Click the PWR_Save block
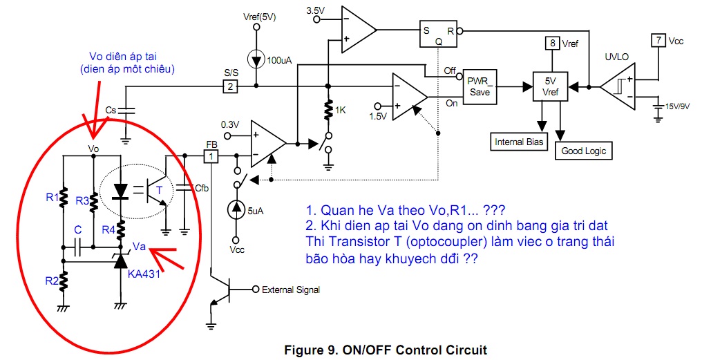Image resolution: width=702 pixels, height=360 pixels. click(479, 87)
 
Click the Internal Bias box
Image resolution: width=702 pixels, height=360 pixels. click(520, 142)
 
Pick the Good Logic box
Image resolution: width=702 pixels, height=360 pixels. click(582, 150)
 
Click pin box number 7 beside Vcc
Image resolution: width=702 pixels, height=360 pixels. click(658, 40)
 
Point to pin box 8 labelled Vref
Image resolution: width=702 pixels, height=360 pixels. click(552, 44)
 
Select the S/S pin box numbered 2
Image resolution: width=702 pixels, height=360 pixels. click(230, 86)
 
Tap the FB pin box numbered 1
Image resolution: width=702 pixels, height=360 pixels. click(212, 156)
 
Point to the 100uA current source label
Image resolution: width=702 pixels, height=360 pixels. click(279, 61)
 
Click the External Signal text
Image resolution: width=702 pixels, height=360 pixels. click(290, 290)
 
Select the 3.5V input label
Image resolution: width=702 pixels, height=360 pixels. click(314, 10)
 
